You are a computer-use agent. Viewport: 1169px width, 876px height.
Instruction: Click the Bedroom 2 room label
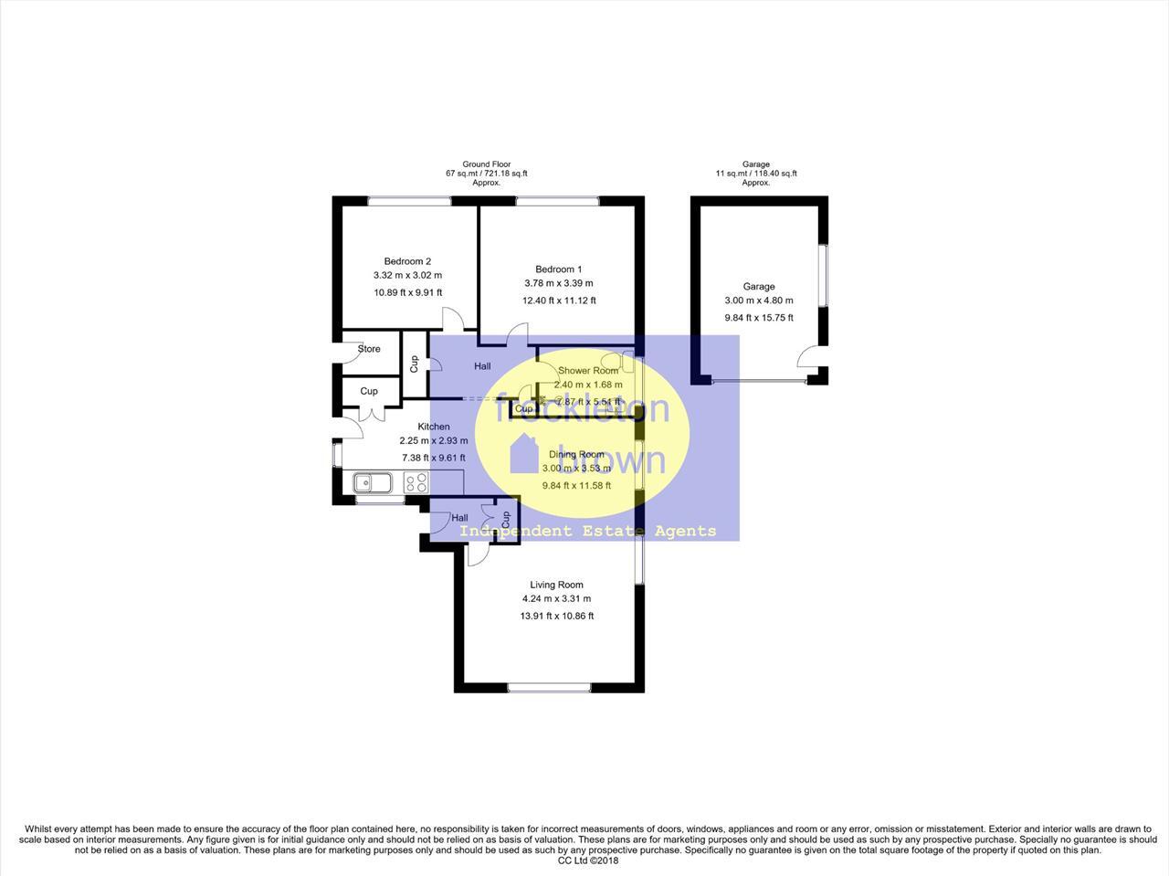(407, 261)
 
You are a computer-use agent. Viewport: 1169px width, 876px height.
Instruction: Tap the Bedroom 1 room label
(558, 269)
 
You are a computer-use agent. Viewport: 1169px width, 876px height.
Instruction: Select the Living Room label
(556, 585)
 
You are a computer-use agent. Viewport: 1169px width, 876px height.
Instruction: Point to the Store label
(369, 349)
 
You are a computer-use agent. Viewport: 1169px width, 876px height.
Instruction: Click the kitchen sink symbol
(373, 481)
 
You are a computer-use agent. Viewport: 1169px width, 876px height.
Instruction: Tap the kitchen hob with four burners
(416, 482)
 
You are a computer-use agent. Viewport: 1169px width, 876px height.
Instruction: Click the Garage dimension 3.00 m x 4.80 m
(758, 301)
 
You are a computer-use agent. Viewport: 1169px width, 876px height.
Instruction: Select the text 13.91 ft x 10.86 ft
(556, 616)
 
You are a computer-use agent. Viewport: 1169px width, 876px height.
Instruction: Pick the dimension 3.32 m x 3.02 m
(407, 275)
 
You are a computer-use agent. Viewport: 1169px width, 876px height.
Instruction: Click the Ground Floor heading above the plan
(486, 164)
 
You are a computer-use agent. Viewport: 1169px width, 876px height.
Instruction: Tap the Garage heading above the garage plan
(755, 164)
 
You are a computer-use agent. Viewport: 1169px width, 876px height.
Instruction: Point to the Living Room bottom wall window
(548, 688)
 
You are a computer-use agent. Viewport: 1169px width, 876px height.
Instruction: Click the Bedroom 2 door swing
(453, 319)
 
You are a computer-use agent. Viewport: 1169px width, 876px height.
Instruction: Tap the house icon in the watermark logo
(524, 453)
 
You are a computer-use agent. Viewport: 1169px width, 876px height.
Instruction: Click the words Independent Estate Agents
(587, 531)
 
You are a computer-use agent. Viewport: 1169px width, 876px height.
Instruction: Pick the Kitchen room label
(434, 427)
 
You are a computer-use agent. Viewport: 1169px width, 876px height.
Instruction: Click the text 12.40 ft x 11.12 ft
(558, 301)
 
